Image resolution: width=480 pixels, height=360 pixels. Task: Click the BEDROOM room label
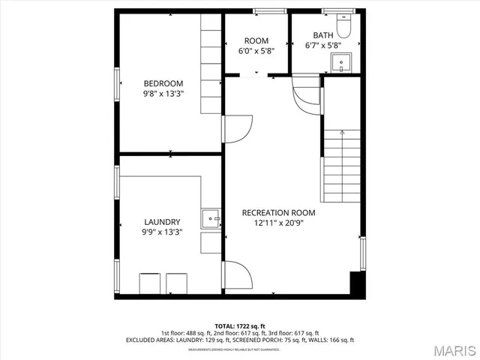(163, 83)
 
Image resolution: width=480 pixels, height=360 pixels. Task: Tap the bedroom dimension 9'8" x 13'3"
(163, 94)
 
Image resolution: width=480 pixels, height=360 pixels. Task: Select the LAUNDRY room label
(162, 222)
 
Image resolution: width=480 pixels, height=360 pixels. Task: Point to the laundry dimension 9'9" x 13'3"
(162, 232)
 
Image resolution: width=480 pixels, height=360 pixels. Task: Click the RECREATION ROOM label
(278, 212)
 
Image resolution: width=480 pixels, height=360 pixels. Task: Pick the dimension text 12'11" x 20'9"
(278, 223)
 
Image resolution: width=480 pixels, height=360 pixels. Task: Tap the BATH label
(323, 34)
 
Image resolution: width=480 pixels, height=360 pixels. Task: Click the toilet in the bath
(344, 27)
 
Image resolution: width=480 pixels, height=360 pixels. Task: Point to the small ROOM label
(256, 40)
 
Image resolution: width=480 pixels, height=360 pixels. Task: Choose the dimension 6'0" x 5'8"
(256, 51)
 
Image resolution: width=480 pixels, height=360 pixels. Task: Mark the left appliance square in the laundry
(150, 284)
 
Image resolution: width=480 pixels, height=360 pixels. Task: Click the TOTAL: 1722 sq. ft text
(240, 326)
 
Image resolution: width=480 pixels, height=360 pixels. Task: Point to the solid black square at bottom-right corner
(358, 283)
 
